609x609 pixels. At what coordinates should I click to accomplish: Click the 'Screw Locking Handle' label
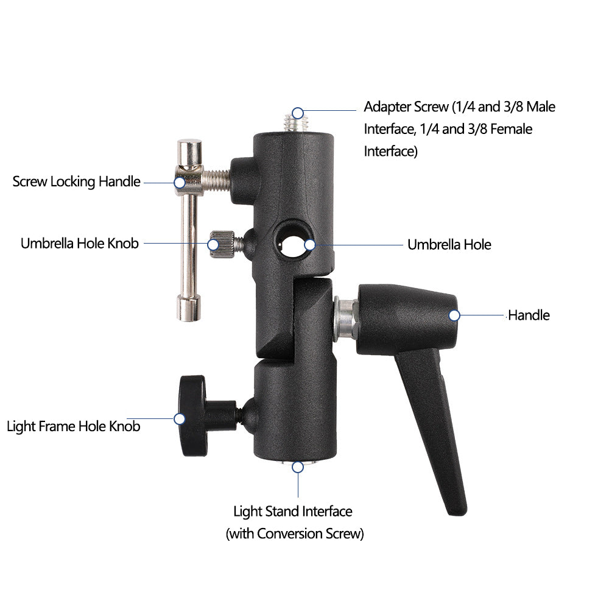(x=77, y=181)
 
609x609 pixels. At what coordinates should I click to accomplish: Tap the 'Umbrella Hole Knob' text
(x=80, y=244)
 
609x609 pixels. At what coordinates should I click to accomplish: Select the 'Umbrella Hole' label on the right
(x=449, y=245)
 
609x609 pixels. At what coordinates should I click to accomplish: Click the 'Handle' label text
(x=529, y=315)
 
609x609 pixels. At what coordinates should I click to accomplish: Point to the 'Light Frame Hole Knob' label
(x=74, y=426)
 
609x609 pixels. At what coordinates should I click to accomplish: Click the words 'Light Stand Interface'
(x=293, y=512)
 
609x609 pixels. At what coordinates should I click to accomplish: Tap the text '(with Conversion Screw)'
(x=295, y=533)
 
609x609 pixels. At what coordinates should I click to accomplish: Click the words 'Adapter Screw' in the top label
(x=406, y=107)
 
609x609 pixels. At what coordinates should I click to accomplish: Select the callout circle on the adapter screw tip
(x=298, y=113)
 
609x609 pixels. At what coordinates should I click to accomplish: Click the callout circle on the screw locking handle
(x=180, y=183)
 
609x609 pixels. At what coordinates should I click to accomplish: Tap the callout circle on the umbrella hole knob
(x=213, y=245)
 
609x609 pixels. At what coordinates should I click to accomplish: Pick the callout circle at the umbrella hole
(x=310, y=245)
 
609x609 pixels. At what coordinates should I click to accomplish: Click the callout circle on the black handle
(x=454, y=315)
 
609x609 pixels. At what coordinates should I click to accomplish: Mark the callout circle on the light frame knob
(x=180, y=419)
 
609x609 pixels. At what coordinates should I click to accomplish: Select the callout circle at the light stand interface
(x=298, y=467)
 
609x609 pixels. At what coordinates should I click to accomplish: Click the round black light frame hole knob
(x=193, y=415)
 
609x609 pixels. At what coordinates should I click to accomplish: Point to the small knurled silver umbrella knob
(x=222, y=244)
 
